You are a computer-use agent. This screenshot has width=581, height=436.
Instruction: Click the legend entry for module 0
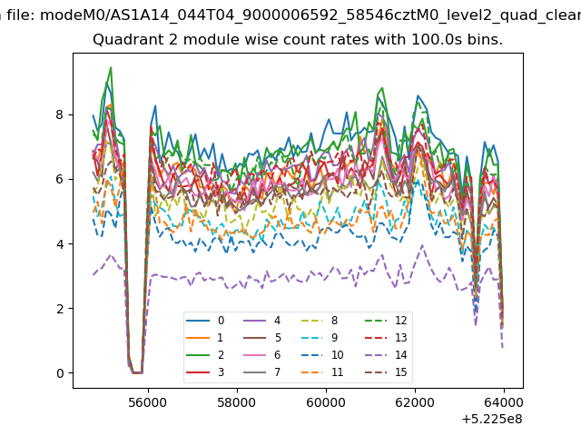coord(205,321)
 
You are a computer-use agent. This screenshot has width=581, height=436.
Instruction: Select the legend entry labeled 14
coord(386,355)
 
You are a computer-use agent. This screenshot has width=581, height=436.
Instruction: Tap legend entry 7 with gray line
coord(261,372)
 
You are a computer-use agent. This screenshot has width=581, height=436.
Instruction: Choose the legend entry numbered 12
coord(386,321)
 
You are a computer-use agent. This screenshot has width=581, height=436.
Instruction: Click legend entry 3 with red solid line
coord(205,372)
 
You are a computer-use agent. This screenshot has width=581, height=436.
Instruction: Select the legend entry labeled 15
coord(386,372)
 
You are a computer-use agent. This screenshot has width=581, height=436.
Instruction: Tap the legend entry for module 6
coord(261,355)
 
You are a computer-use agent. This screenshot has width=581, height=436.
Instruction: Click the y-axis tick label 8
coord(60,114)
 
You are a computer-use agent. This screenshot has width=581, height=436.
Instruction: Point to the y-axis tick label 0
coord(60,373)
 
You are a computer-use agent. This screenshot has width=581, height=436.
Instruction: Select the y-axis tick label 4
coord(60,244)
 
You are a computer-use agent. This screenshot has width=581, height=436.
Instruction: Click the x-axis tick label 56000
coord(147,402)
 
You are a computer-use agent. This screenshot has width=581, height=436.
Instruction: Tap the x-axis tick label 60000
coord(326,402)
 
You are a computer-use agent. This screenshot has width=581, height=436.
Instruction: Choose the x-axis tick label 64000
coord(504,402)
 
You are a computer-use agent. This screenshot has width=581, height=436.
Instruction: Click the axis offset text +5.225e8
coord(492,419)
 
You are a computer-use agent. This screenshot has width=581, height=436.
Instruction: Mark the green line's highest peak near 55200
coord(111,67)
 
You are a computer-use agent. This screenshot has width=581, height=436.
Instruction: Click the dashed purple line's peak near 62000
coord(422,245)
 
